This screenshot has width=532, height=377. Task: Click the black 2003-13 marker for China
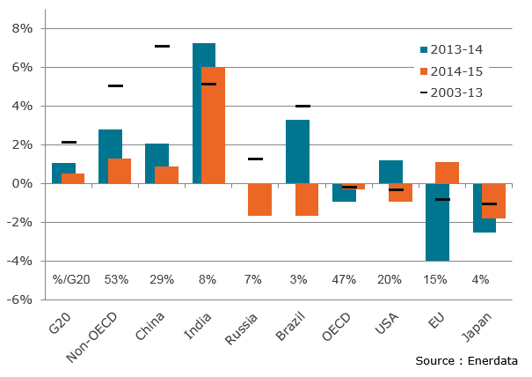coord(162,46)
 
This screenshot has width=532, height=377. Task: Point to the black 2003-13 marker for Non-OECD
coord(115,85)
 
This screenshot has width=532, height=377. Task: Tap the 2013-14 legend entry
coord(451,49)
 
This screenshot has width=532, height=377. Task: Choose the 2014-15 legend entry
coord(451,70)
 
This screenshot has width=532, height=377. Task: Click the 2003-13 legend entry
coord(451,92)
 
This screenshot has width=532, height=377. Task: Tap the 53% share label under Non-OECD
coord(115,279)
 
